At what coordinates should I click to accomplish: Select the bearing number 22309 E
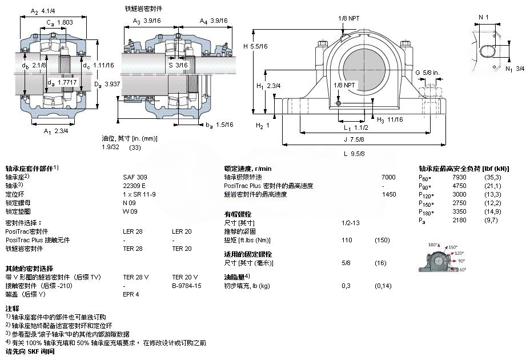point(134,186)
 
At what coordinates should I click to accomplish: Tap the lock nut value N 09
point(130,203)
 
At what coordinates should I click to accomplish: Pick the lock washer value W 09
point(130,211)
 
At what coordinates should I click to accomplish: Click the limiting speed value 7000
point(388,177)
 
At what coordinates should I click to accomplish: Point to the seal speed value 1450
point(388,194)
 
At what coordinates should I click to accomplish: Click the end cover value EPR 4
point(131,294)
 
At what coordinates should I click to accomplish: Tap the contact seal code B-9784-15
point(187,286)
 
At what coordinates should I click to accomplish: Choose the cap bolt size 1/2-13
point(350,222)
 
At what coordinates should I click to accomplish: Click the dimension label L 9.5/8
point(354,154)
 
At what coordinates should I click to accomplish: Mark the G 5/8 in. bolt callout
point(427,73)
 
